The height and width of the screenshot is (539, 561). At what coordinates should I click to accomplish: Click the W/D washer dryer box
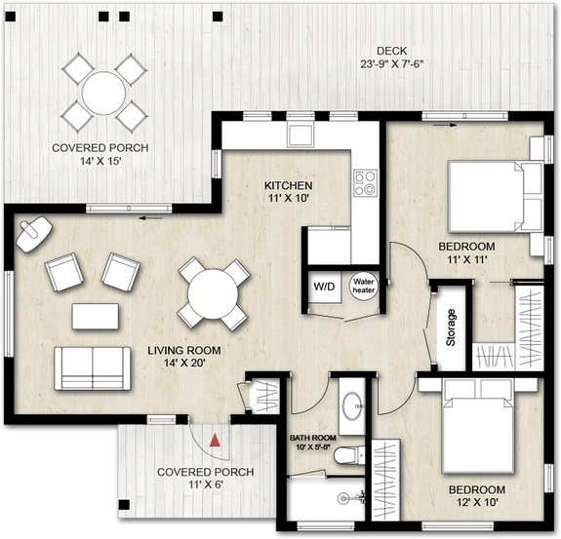click(x=323, y=287)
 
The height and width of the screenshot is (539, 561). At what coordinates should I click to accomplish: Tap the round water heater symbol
click(x=364, y=285)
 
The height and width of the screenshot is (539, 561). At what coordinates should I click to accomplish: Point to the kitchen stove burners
click(x=365, y=182)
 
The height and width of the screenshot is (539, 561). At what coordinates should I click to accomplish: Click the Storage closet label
click(x=451, y=327)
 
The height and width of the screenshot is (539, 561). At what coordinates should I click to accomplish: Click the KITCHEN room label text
click(x=289, y=185)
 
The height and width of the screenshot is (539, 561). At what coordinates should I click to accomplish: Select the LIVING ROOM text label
click(x=184, y=350)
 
